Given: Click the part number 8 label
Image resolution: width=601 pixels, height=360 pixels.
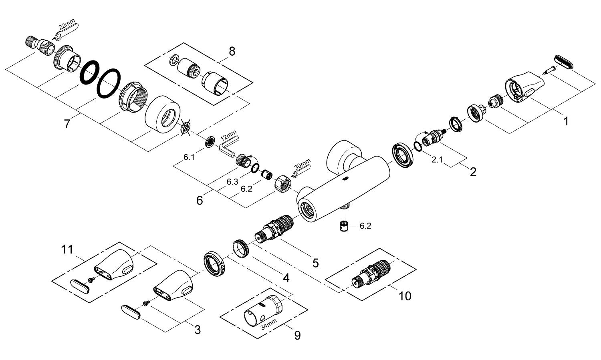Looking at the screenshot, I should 232,51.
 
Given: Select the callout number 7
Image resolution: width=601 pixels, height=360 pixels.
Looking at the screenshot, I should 67,124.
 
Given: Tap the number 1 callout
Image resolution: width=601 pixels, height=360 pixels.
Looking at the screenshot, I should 566,121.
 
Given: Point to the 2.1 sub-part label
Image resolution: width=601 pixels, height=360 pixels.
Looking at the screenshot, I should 437,160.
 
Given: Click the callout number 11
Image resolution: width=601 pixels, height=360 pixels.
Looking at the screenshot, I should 67,249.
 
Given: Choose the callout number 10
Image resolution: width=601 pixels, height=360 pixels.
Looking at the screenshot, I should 405,296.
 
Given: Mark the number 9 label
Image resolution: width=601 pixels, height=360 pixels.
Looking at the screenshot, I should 297,335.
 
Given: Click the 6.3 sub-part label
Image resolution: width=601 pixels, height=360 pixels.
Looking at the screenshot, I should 232,181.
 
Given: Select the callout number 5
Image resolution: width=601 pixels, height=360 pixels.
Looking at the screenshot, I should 315,263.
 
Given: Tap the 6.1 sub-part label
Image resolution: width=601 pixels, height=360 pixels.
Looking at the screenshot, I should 189,157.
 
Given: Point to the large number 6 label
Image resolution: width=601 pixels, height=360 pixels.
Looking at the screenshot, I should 200,200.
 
